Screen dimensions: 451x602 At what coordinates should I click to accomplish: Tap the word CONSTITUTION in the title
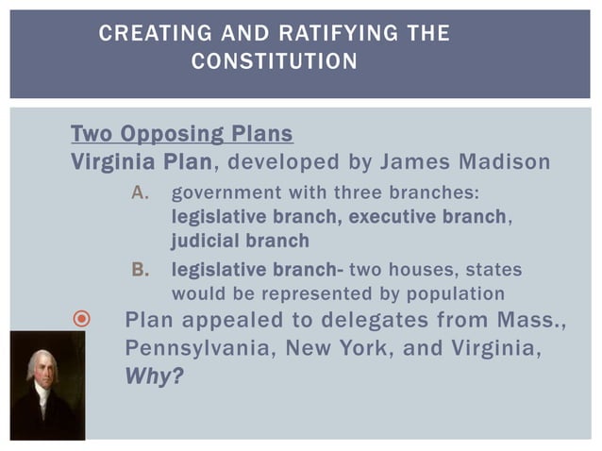click(274, 62)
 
